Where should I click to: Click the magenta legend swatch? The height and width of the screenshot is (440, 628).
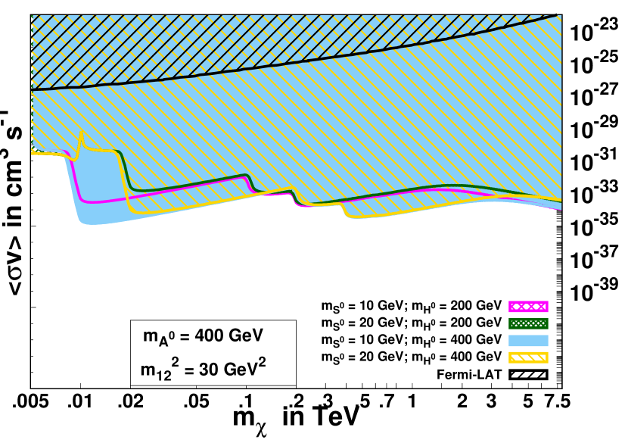click(528, 307)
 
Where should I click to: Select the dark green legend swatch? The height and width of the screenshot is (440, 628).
click(528, 323)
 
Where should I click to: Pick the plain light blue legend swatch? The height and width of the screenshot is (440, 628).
click(528, 341)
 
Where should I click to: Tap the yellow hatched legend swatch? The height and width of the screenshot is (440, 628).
click(528, 357)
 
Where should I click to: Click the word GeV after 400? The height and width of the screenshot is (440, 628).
click(247, 335)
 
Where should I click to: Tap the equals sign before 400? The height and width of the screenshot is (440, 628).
click(185, 336)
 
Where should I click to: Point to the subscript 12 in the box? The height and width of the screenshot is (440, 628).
click(164, 375)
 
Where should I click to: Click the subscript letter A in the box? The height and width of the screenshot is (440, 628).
click(163, 340)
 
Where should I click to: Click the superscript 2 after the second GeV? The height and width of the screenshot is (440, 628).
click(262, 362)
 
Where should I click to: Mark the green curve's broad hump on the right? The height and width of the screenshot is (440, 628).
click(450, 186)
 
